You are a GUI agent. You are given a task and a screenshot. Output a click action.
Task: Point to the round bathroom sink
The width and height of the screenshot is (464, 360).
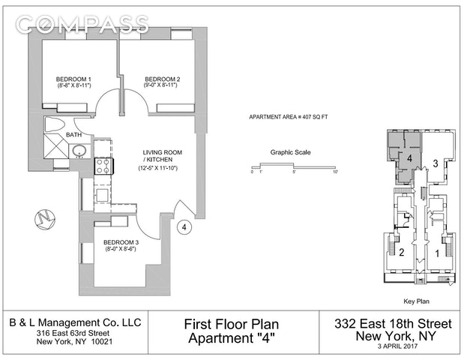pos(79,151)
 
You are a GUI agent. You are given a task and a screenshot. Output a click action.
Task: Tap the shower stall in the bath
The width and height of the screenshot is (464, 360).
pos(56,146)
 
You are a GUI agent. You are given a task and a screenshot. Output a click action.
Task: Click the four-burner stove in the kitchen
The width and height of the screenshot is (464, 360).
pos(103,166)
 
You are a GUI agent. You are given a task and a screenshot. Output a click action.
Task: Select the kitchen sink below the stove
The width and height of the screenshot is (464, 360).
pos(103,195)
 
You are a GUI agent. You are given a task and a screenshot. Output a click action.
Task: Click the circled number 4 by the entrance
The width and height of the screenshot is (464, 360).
pos(184,227)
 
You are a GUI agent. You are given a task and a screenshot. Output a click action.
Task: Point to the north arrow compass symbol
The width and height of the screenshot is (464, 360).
pos(45,219)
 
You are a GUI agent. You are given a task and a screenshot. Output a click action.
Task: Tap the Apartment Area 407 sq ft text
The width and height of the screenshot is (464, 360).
pos(289,117)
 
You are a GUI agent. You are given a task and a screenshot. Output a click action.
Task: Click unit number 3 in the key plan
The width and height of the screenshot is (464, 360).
pos(436,163)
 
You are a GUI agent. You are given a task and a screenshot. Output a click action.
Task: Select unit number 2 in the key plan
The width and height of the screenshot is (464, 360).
pos(402,252)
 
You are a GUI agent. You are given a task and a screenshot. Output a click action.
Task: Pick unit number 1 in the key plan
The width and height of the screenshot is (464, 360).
pos(437,253)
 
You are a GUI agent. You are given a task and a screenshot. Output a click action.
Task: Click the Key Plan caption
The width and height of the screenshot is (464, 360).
pos(416,301)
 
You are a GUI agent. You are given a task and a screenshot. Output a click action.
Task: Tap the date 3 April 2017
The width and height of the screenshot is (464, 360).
pos(397,346)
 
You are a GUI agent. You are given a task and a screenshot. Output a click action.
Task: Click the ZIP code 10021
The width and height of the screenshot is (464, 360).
pos(102,342)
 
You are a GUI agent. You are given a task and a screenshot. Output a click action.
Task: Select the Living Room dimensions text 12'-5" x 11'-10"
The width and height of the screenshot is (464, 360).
pos(157,168)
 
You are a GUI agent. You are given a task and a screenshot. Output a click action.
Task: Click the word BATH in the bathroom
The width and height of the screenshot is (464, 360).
pos(73,135)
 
